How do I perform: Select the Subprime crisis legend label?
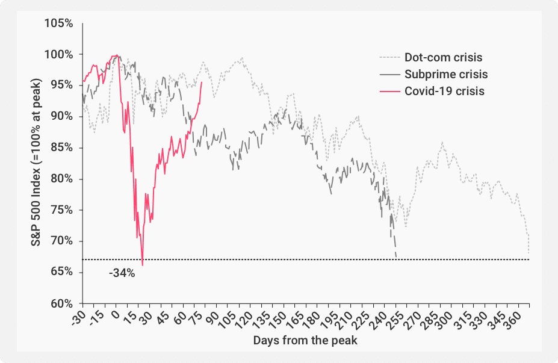pyautogui.click(x=446, y=75)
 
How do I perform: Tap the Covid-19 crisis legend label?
pyautogui.click(x=445, y=92)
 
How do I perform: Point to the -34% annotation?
pyautogui.click(x=122, y=273)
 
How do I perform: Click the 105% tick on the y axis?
pyautogui.click(x=59, y=23)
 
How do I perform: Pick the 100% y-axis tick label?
pyautogui.click(x=59, y=55)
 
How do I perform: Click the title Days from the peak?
pyautogui.click(x=305, y=341)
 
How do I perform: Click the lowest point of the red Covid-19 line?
pyautogui.click(x=143, y=265)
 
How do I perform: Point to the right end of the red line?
pyautogui.click(x=201, y=83)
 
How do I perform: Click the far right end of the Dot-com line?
pyautogui.click(x=529, y=254)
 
